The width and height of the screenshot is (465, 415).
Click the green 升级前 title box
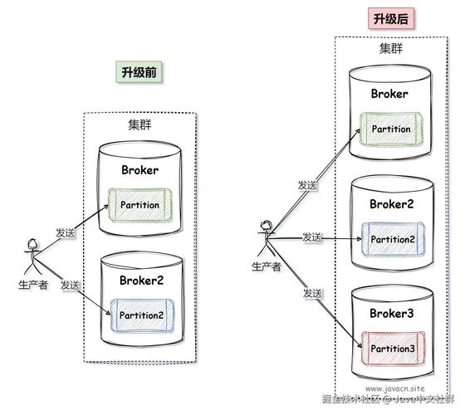pyautogui.click(x=139, y=72)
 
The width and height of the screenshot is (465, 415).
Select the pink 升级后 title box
pyautogui.click(x=391, y=18)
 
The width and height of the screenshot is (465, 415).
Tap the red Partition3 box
pyautogui.click(x=393, y=349)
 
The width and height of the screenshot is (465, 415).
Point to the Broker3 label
pyautogui.click(x=391, y=314)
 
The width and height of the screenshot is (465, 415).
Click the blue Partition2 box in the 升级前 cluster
pyautogui.click(x=142, y=315)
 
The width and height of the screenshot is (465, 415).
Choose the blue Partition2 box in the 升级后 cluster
pyautogui.click(x=393, y=239)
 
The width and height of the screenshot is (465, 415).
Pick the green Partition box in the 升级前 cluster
pyautogui.click(x=140, y=205)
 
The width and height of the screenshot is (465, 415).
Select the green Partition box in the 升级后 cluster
pyautogui.click(x=391, y=129)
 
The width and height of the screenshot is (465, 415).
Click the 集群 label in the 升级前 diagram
pyautogui.click(x=139, y=124)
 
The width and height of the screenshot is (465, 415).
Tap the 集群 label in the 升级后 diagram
pyautogui.click(x=391, y=48)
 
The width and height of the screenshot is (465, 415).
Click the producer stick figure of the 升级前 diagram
pyautogui.click(x=32, y=256)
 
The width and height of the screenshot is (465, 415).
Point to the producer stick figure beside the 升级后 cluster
pyautogui.click(x=266, y=238)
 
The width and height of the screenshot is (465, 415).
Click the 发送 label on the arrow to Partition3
pyautogui.click(x=312, y=293)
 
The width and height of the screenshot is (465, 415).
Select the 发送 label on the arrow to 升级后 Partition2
pyautogui.click(x=312, y=237)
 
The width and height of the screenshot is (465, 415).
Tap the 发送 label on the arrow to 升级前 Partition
pyautogui.click(x=66, y=232)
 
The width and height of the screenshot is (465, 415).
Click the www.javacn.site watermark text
pyautogui.click(x=394, y=388)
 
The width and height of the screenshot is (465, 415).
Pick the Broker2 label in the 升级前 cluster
pyautogui.click(x=141, y=281)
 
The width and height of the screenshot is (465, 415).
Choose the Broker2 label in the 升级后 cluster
pyautogui.click(x=391, y=204)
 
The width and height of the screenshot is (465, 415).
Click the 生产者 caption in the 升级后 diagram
pyautogui.click(x=266, y=266)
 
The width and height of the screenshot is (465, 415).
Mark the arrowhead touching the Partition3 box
pyautogui.click(x=360, y=345)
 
